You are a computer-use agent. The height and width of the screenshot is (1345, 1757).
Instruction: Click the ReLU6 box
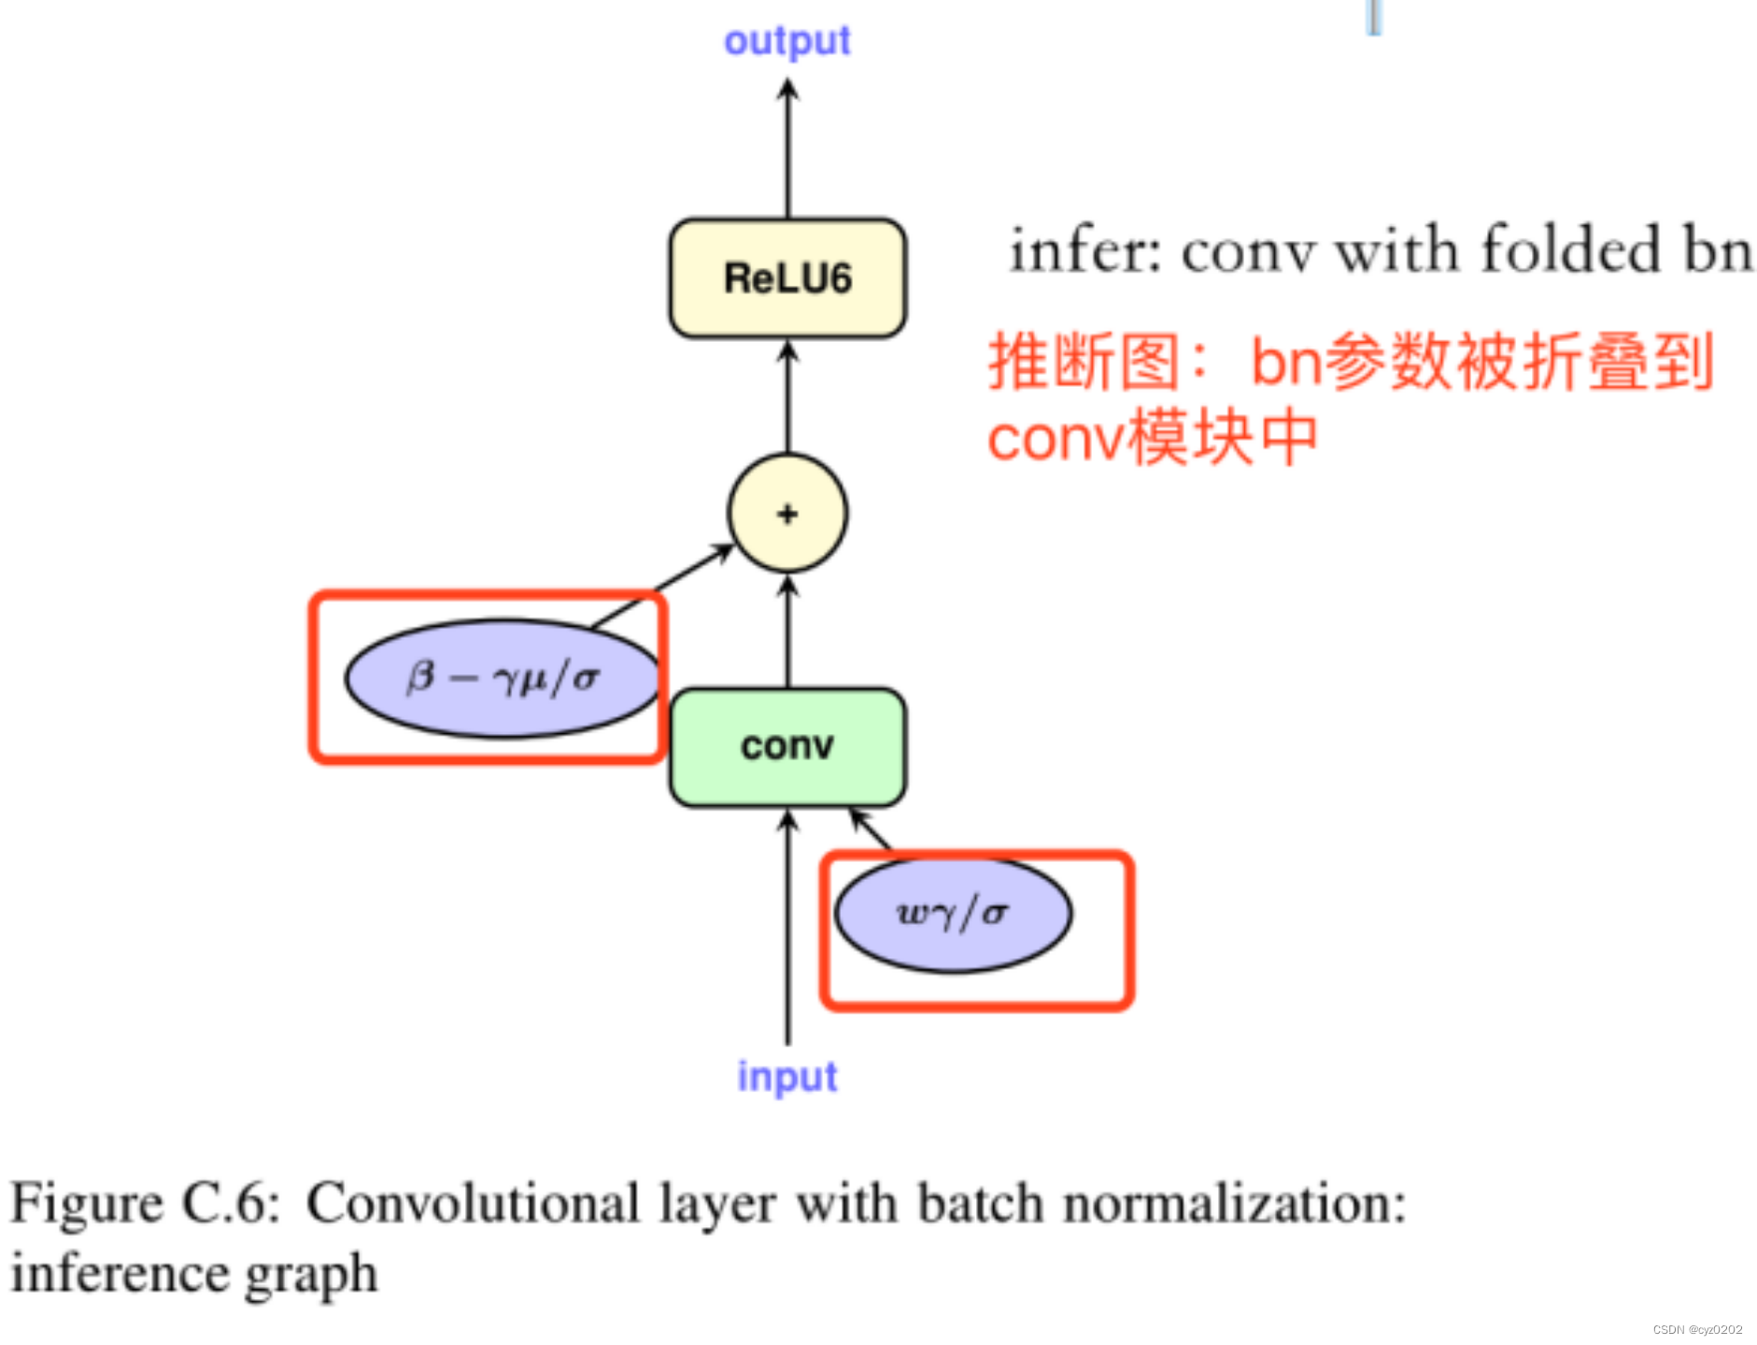(x=786, y=278)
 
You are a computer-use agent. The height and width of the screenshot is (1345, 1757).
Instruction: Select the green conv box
(x=786, y=746)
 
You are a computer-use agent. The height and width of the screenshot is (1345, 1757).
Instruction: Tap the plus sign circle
(x=786, y=513)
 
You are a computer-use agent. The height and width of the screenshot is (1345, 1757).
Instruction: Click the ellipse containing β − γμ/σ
(x=502, y=678)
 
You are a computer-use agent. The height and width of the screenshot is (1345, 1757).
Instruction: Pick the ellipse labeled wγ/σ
(x=953, y=913)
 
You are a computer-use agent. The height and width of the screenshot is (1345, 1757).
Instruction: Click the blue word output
(x=786, y=41)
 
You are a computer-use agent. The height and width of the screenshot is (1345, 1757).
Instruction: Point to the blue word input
(x=786, y=1076)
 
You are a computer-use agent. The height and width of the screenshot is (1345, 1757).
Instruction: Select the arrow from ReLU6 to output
(x=787, y=149)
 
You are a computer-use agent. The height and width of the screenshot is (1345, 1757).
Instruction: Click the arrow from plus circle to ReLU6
(x=787, y=397)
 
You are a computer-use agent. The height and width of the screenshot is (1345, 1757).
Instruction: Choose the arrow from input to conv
(x=787, y=925)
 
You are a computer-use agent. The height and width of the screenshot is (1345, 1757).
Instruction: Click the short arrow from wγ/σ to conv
(x=870, y=828)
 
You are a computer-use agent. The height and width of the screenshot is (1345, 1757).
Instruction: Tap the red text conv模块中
(x=1152, y=438)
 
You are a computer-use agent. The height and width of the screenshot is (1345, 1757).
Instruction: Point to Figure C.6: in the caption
(x=145, y=1203)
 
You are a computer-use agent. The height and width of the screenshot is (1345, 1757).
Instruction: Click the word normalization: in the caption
(x=1234, y=1203)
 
